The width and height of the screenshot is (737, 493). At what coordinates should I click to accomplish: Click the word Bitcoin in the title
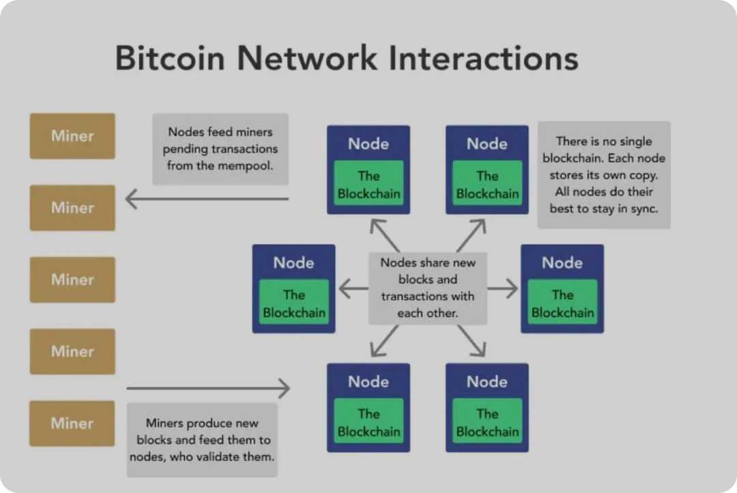(x=170, y=58)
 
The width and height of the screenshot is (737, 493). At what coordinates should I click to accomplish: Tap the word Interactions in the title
(x=484, y=58)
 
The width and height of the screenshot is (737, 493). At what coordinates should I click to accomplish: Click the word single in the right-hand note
(x=635, y=142)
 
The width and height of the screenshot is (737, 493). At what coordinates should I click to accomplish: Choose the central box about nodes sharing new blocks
(x=428, y=288)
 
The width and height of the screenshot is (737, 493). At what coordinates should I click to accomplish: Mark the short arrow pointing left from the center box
(x=353, y=289)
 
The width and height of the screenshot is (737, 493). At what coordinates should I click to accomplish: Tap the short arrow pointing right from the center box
(x=503, y=289)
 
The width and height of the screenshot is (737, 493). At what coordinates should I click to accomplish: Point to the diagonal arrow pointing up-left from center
(x=384, y=235)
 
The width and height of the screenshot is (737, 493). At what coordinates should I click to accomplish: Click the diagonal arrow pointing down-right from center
(x=471, y=340)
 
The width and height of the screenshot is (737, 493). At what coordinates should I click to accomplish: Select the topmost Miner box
(x=72, y=136)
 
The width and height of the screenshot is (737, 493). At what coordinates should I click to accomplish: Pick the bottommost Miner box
(x=72, y=423)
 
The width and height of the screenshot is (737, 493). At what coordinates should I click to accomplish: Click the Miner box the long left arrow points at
(x=72, y=207)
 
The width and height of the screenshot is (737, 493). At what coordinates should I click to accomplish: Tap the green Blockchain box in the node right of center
(x=563, y=304)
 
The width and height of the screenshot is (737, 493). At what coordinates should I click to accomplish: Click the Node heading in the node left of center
(x=293, y=263)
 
